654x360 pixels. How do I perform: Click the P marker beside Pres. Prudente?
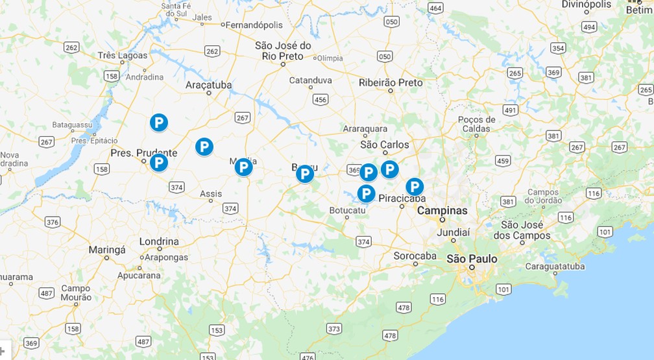pos(158,162)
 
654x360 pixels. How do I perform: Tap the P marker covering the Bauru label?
pos(304,174)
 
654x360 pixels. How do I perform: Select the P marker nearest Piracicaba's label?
pos(415,187)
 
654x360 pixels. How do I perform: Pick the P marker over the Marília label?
pos(243,167)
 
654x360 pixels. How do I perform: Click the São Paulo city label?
pos(472,259)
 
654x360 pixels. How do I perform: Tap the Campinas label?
pos(442,211)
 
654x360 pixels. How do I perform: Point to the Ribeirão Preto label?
pos(391,82)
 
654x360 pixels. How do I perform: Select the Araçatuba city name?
pos(209,85)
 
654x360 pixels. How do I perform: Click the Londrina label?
pos(159,241)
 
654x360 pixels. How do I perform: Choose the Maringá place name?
pos(106,249)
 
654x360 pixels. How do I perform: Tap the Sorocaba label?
pos(415,256)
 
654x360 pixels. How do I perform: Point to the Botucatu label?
pos(348,210)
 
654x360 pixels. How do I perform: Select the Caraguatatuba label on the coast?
pos(555,266)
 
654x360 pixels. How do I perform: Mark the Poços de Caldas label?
pos(476,124)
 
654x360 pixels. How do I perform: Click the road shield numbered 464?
pos(435,8)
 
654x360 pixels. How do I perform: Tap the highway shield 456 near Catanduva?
pos(320,99)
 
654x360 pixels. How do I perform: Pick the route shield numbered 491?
pos(510,110)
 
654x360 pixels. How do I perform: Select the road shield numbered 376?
pos(53,222)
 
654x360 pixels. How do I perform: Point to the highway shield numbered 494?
pos(589,27)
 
